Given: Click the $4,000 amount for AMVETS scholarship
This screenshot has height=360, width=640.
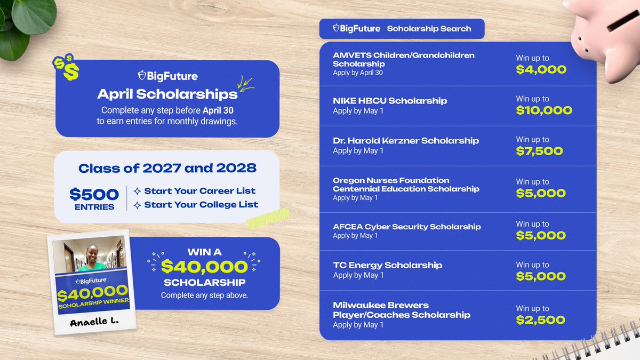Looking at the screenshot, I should [x=541, y=70].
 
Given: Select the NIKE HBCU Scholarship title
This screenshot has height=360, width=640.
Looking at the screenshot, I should [x=390, y=101].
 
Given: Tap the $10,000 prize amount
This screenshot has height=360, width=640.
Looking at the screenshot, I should [x=543, y=110].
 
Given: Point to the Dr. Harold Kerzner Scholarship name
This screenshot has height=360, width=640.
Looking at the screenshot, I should [x=405, y=141].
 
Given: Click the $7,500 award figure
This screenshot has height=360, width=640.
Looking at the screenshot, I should [x=539, y=151].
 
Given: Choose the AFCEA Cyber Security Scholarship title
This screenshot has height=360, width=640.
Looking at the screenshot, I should [x=406, y=227].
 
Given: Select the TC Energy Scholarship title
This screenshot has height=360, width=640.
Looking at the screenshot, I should [x=387, y=265].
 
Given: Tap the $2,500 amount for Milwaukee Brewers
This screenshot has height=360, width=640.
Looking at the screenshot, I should [x=540, y=320].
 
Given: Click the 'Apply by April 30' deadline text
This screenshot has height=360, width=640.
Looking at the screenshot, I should [x=357, y=73].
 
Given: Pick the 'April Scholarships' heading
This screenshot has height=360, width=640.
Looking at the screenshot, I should [x=167, y=94].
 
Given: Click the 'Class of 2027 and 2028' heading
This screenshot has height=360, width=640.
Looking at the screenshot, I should [x=167, y=169].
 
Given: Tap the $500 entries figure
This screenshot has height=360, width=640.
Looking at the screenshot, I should [x=94, y=194].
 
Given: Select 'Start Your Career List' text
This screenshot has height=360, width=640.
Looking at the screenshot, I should [x=199, y=191].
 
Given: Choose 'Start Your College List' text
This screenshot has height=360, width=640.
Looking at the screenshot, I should [x=201, y=204].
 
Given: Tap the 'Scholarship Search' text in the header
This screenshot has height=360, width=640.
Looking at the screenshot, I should [x=429, y=29].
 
